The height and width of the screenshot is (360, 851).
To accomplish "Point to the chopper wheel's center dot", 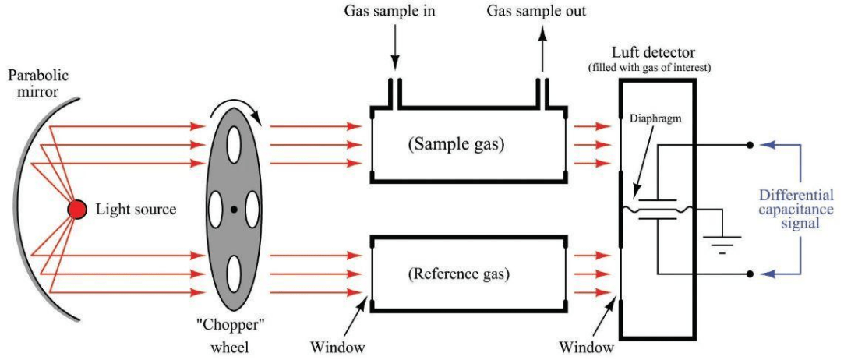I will [233, 209].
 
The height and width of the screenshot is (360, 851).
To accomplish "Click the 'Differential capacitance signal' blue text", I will [796, 209].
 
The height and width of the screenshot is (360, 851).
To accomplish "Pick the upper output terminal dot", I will [750, 144].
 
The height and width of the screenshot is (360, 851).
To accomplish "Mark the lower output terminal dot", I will [750, 274].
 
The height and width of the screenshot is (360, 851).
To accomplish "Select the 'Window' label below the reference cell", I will [337, 345].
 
